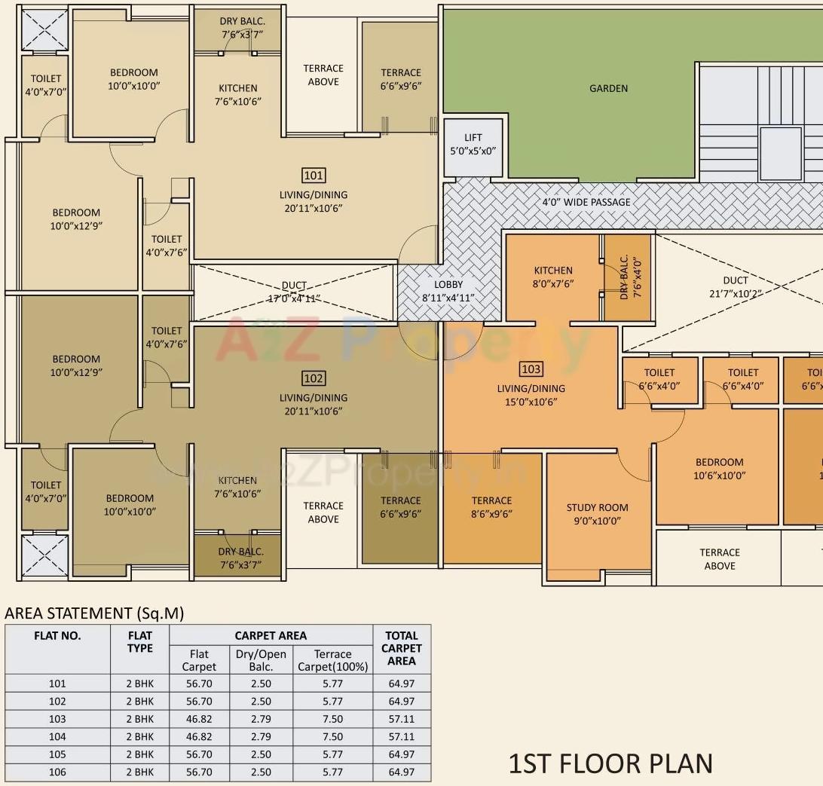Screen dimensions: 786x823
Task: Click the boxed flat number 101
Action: point(313,176)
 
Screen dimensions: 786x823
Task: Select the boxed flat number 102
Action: point(313,378)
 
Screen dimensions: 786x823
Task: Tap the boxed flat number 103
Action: point(531,369)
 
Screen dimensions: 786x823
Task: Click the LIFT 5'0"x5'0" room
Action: point(473,144)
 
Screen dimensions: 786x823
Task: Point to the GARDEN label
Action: point(608,88)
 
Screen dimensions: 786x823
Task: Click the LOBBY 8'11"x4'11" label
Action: point(448,291)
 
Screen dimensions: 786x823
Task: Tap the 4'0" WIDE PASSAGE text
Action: point(586,202)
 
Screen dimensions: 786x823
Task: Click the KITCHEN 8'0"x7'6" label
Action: point(553,277)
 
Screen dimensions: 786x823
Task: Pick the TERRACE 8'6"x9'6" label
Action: point(491,507)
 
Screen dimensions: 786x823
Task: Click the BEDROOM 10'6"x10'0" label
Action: point(719,469)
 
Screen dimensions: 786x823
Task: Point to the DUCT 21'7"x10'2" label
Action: point(735,287)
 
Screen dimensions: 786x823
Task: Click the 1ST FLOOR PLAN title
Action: point(610,763)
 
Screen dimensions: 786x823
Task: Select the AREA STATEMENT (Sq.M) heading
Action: point(94,613)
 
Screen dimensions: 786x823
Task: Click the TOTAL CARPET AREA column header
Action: point(401,648)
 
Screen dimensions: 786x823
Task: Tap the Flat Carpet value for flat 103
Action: point(199,719)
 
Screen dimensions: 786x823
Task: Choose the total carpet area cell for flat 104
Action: point(401,736)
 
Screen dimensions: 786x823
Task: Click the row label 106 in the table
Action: point(57,772)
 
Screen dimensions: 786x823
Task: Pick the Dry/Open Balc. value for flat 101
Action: point(260,684)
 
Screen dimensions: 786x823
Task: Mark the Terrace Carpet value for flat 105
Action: point(332,754)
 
